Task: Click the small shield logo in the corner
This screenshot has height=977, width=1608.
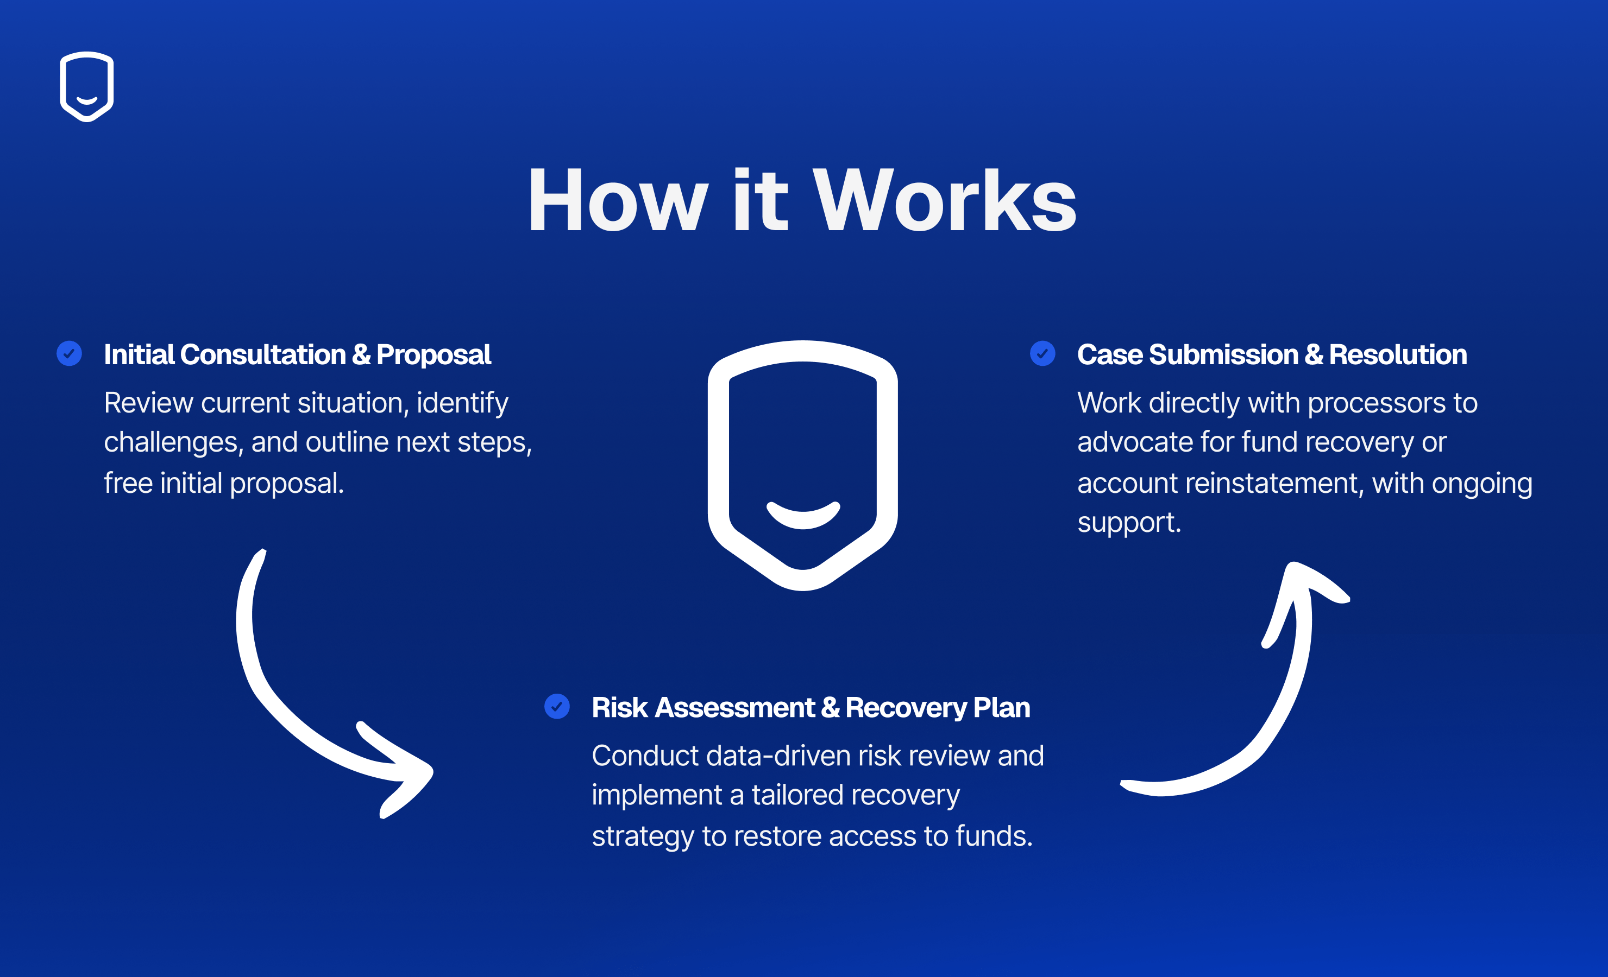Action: click(87, 86)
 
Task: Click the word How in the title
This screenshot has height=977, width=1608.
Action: click(617, 200)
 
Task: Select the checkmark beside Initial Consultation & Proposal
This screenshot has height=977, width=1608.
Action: click(69, 353)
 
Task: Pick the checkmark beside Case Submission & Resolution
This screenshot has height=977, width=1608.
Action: click(1042, 353)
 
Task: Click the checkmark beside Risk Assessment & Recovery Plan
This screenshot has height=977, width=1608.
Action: click(557, 706)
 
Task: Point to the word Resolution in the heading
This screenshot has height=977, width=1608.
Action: click(1397, 355)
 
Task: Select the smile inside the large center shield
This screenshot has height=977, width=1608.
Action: click(803, 515)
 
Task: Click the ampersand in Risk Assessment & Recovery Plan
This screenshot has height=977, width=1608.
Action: click(830, 708)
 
